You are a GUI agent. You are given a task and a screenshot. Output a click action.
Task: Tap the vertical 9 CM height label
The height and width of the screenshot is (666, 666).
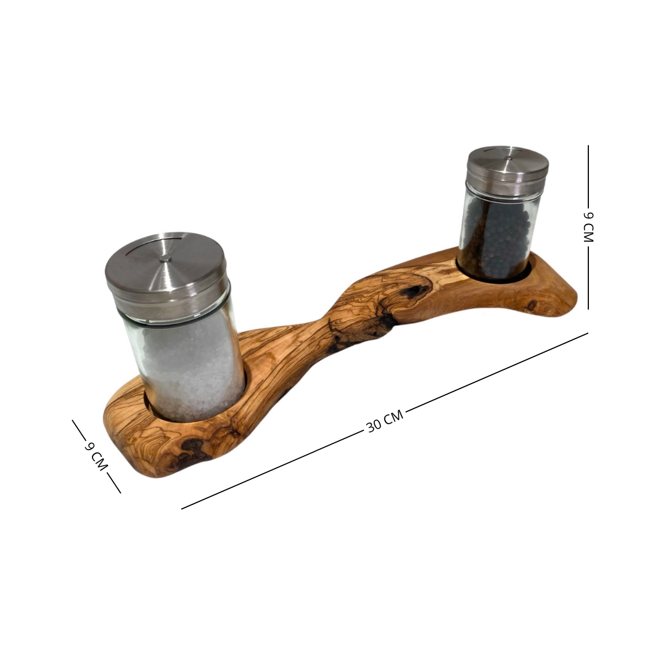(x=588, y=227)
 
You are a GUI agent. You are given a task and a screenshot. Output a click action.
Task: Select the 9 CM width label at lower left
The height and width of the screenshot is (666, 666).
(x=96, y=456)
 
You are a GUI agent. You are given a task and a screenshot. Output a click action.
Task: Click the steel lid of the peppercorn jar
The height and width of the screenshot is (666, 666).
(x=508, y=168)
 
